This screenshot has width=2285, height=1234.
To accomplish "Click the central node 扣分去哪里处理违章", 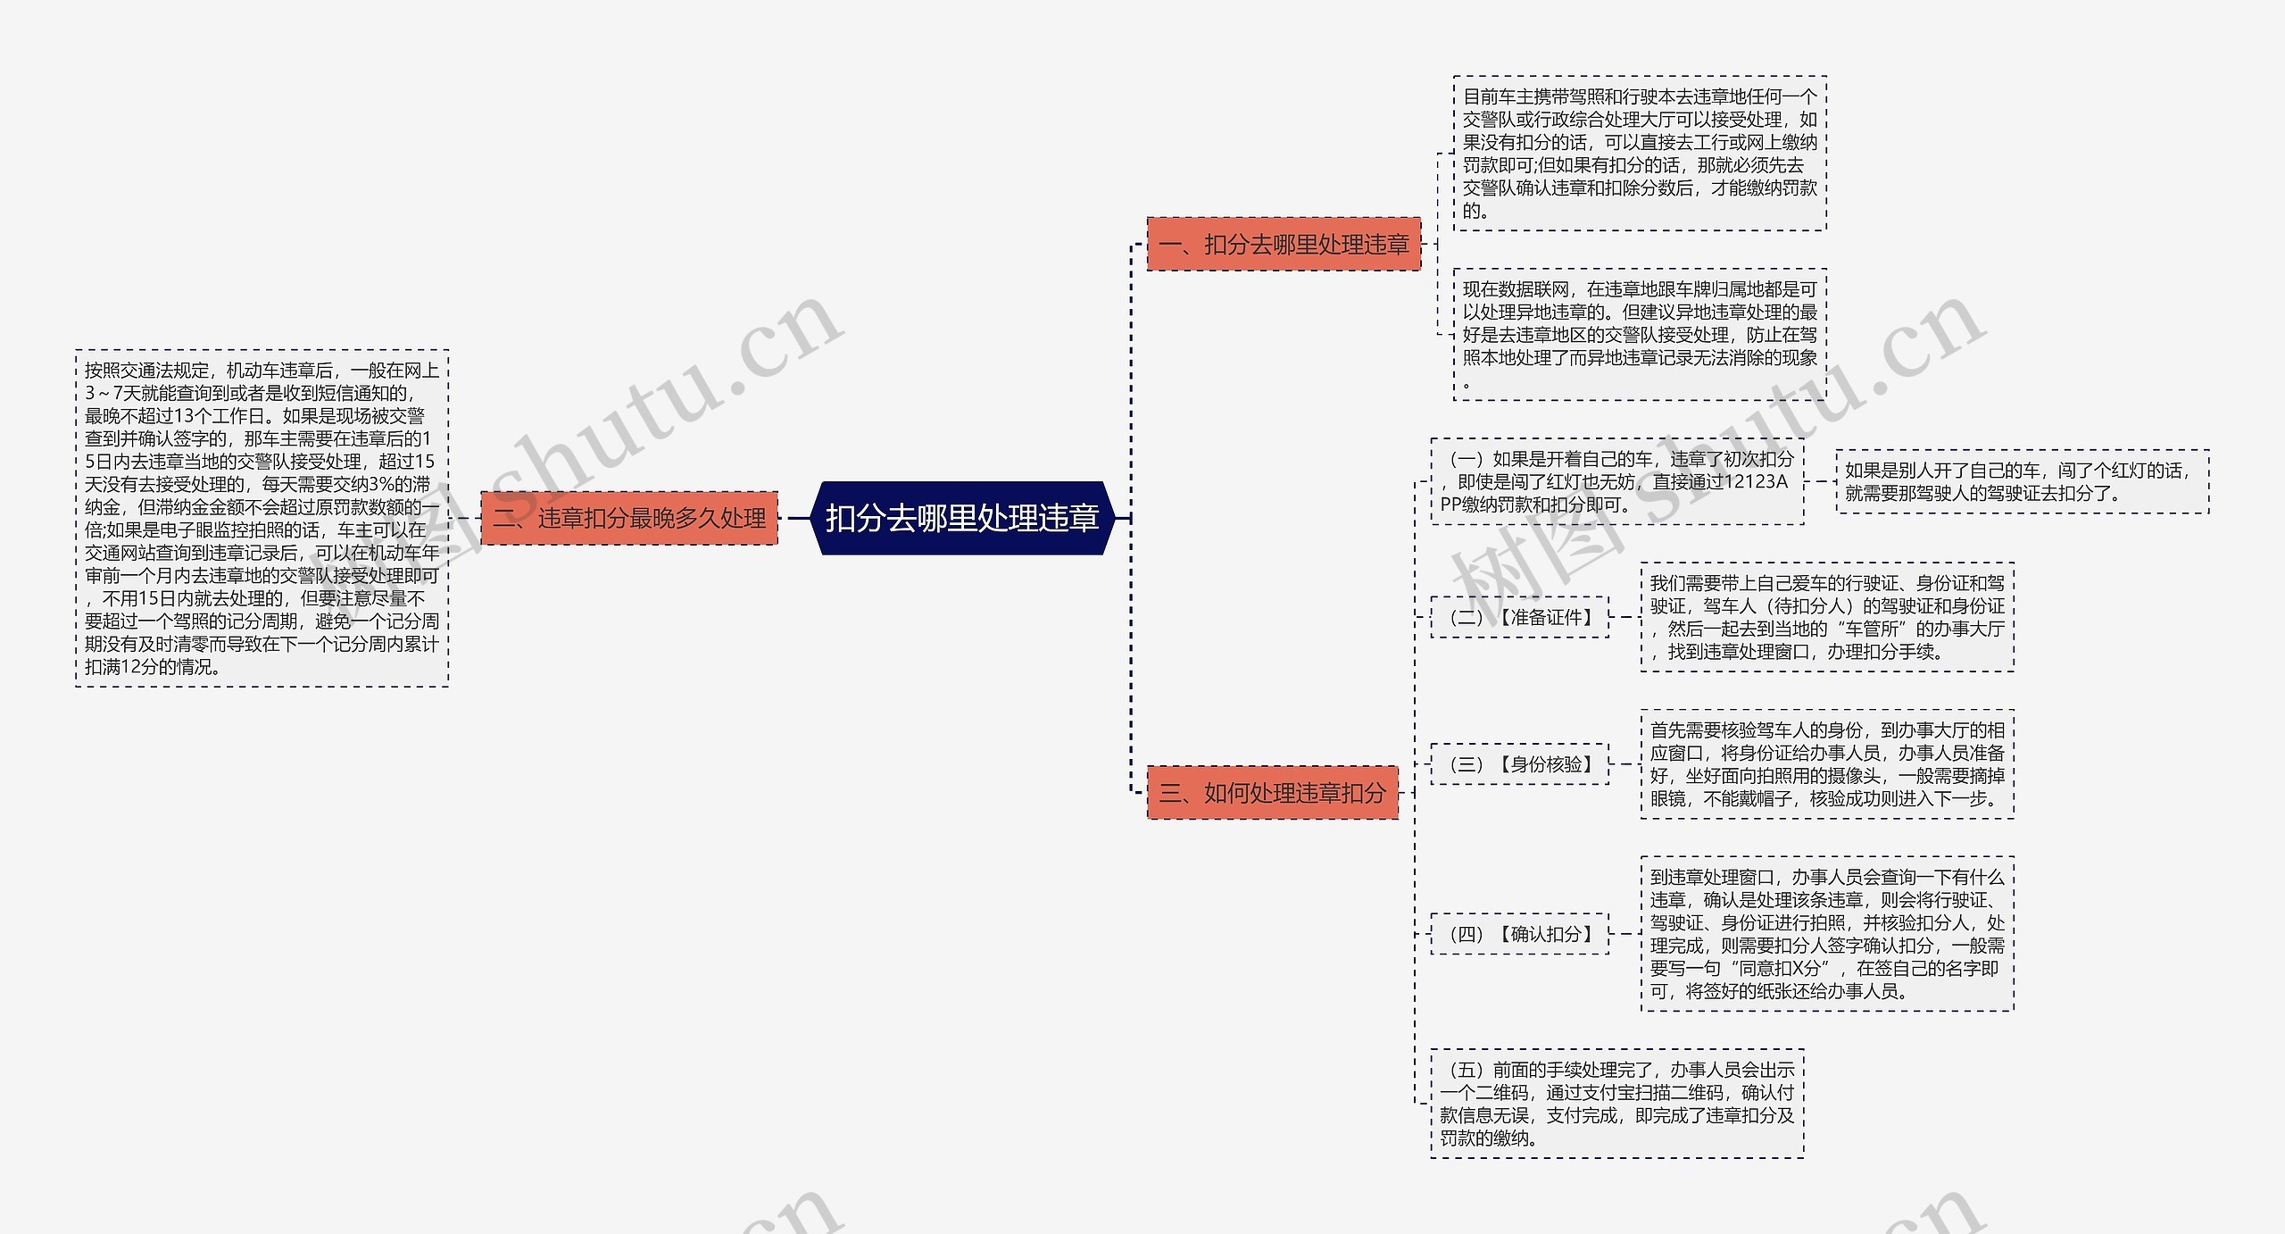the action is (961, 518).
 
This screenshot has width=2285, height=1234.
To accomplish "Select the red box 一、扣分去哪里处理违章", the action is (1284, 244).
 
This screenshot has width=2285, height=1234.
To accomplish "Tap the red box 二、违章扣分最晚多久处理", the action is (629, 518).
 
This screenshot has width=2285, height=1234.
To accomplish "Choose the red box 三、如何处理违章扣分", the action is (1272, 792).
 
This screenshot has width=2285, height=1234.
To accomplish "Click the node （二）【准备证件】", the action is (1519, 617).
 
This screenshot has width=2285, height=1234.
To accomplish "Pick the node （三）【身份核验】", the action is (1519, 764).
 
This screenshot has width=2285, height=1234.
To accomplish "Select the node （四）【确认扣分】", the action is (1519, 934).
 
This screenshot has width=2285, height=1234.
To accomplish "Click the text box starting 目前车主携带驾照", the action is (1639, 154).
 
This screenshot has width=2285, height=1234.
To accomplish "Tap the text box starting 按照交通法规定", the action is (262, 518).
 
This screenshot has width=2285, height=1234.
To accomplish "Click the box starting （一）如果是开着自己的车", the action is (1616, 481).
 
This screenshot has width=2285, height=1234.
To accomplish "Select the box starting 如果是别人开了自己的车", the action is (2022, 481).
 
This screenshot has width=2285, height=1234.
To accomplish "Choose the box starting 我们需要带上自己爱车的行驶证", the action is (1827, 617).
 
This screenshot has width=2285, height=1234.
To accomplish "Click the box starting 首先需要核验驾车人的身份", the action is (1827, 764).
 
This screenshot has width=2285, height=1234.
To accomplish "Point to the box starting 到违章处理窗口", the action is (1827, 934).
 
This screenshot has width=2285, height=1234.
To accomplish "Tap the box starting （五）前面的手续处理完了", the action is (1616, 1104).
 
